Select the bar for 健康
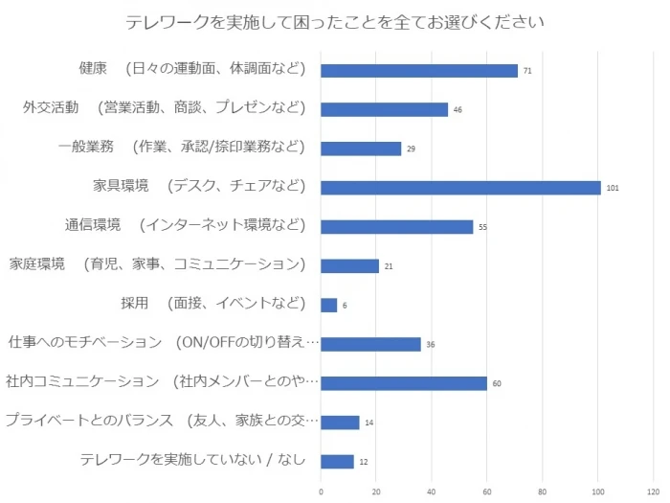pyautogui.click(x=419, y=70)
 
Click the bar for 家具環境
pyautogui.click(x=460, y=188)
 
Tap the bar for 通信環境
pyautogui.click(x=397, y=227)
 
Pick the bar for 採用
pyautogui.click(x=329, y=305)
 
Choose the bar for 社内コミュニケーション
pyautogui.click(x=404, y=383)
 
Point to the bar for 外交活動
pyautogui.click(x=385, y=109)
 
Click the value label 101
pyautogui.click(x=613, y=188)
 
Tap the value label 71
pyautogui.click(x=527, y=71)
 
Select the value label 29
pyautogui.click(x=412, y=149)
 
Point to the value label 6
pyautogui.click(x=345, y=306)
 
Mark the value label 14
pyautogui.click(x=369, y=423)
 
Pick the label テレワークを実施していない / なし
pyautogui.click(x=193, y=460)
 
